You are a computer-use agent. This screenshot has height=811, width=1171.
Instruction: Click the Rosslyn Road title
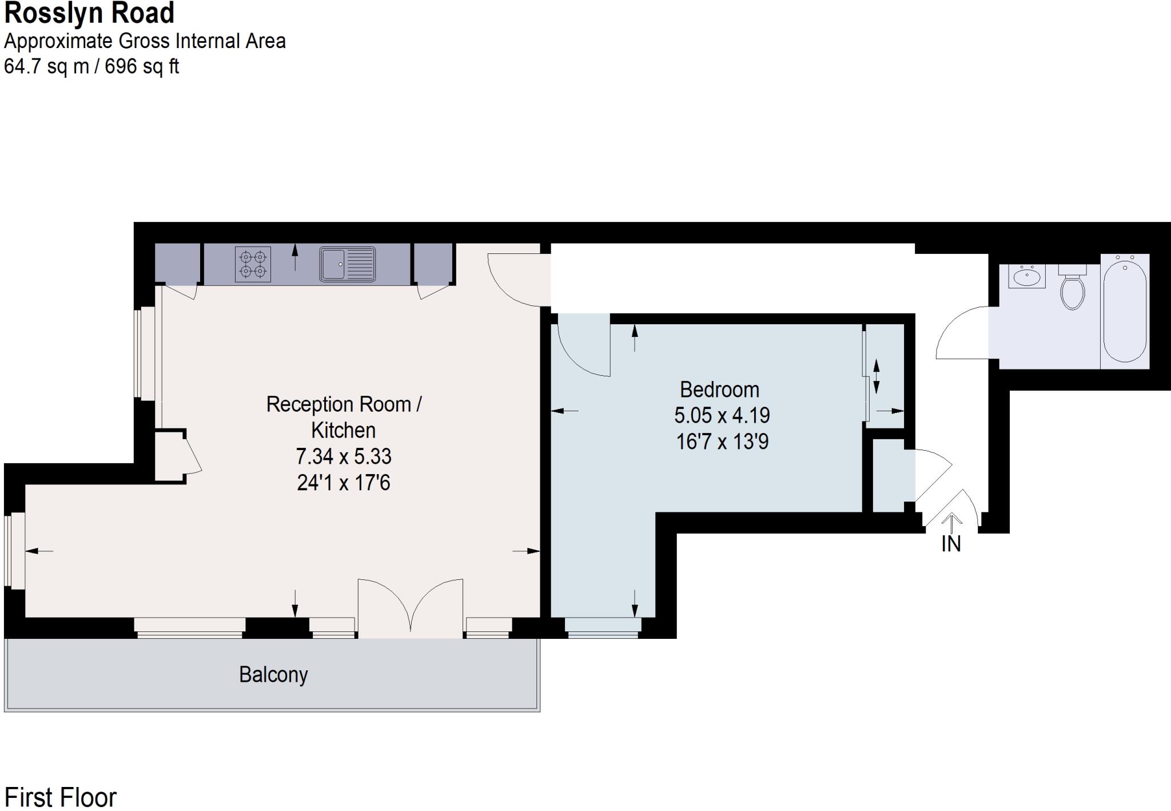click(x=89, y=14)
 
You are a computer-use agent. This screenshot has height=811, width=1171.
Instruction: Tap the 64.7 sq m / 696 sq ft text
click(x=91, y=67)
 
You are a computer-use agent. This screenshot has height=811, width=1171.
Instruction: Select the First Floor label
click(x=61, y=797)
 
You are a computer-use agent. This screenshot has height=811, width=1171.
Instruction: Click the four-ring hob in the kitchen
click(x=253, y=264)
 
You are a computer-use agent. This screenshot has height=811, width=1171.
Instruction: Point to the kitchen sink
click(x=347, y=264)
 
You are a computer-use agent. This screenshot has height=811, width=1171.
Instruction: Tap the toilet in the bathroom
click(x=1073, y=288)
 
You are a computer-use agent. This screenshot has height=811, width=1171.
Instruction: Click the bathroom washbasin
click(x=1027, y=277)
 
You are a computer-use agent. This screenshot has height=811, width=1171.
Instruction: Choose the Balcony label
click(x=273, y=675)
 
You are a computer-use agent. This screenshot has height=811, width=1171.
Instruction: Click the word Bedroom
click(x=719, y=390)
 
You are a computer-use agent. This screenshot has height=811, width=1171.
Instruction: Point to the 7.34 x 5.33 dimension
click(x=344, y=456)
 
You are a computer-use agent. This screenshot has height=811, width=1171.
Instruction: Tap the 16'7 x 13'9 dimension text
click(x=722, y=442)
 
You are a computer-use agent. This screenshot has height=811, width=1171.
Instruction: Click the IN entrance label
click(x=951, y=544)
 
